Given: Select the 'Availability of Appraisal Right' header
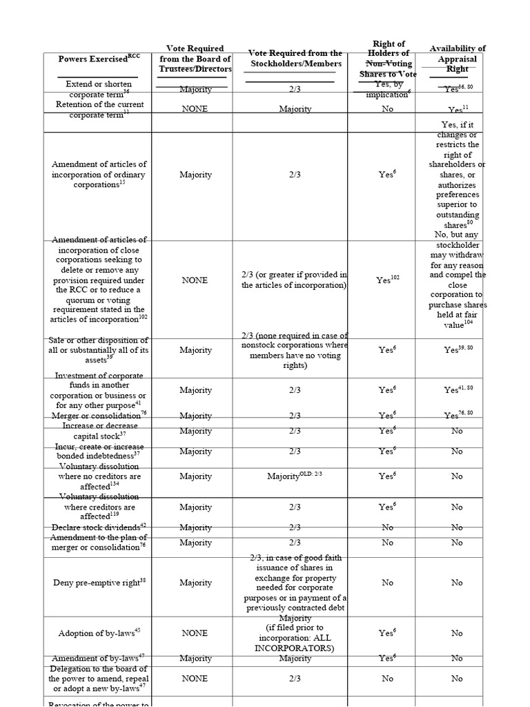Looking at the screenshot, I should coord(457,59).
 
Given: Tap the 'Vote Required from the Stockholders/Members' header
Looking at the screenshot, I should coord(295,59).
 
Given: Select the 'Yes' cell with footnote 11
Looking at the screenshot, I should coord(457,109).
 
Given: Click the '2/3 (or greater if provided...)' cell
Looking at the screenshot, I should coord(295,280).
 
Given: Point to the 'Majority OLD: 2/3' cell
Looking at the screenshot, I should coord(295,476).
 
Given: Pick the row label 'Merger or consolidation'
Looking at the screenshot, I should coord(99,415).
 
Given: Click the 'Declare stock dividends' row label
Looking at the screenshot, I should coord(99,527).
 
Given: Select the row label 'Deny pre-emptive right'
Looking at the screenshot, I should coord(99,583).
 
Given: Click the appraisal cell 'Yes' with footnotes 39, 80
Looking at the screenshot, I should coord(457,350).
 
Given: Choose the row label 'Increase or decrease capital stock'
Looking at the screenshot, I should coord(99,430).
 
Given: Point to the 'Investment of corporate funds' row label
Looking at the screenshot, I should coord(99,390).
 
